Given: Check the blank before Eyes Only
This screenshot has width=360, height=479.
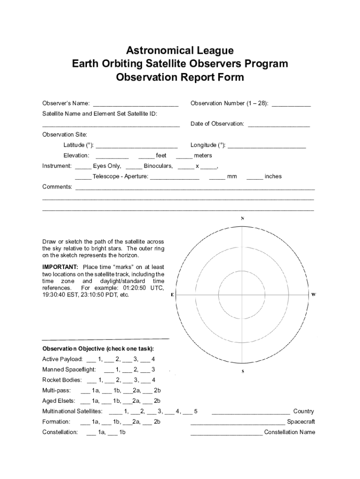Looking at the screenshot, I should (83, 167).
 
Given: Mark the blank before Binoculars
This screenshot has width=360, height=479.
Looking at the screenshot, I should (134, 167).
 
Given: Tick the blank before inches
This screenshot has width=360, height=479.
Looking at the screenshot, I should (254, 178).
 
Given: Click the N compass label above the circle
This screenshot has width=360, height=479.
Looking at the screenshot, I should (242, 218).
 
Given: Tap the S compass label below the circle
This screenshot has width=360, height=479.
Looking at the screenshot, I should (243, 371).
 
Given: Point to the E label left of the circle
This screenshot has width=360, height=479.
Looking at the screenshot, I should (173, 295).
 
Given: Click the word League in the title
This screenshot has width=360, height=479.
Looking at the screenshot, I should (211, 50).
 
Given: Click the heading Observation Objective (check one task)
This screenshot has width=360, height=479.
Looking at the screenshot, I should (98, 348).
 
